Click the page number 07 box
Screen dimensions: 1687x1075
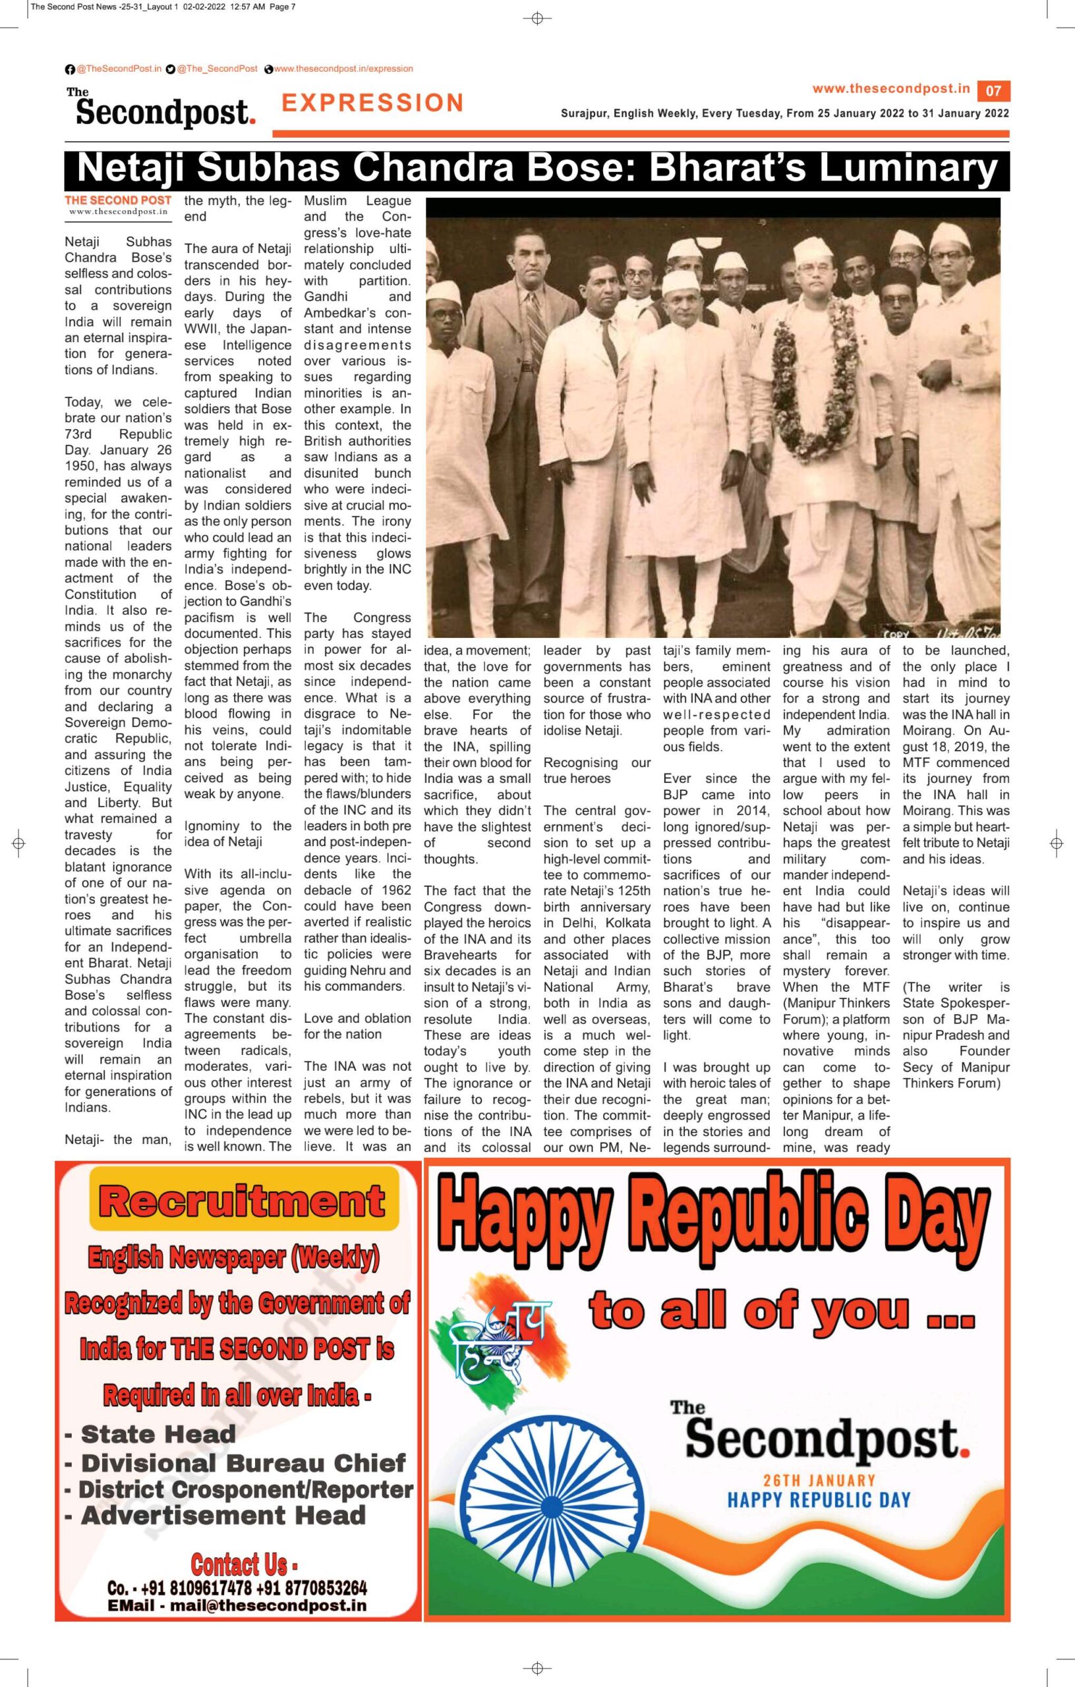994,90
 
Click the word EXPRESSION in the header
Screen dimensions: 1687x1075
372,103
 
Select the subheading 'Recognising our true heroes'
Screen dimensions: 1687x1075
597,770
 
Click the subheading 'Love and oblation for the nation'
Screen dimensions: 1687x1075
357,1025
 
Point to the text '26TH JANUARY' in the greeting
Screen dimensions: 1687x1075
819,1480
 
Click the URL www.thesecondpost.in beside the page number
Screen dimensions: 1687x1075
890,89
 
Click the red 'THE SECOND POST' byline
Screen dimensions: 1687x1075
118,200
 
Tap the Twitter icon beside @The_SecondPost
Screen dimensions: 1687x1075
170,69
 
